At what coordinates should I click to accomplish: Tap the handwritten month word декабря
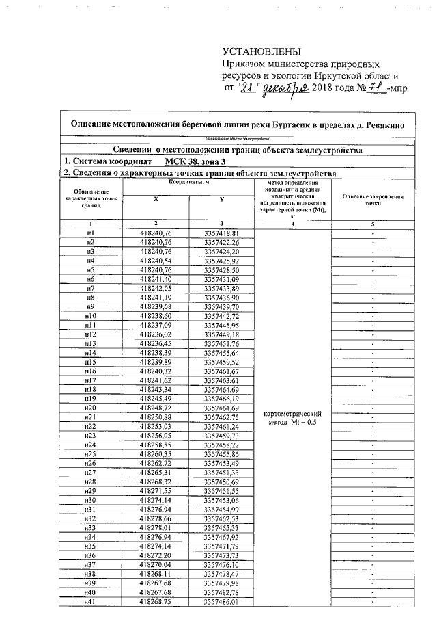(286, 89)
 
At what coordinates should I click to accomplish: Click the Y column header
(222, 198)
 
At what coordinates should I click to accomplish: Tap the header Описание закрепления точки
(373, 200)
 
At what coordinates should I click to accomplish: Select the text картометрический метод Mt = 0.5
(292, 418)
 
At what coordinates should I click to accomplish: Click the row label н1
(90, 234)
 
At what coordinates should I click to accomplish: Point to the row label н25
(90, 454)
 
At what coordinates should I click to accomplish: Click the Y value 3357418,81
(222, 234)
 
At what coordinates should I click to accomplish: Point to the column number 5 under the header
(373, 224)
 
